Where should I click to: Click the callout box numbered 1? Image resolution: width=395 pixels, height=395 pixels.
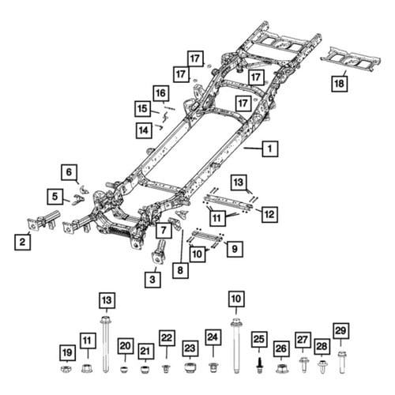click(270, 149)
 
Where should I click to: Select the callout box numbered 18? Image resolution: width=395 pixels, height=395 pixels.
click(339, 84)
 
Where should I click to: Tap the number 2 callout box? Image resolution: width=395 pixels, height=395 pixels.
click(22, 242)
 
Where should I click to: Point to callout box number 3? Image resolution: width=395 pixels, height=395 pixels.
click(152, 280)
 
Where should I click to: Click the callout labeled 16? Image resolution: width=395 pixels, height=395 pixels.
click(161, 93)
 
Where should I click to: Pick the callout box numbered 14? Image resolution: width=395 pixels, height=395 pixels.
click(144, 130)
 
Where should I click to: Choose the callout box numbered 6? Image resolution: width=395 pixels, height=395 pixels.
click(69, 172)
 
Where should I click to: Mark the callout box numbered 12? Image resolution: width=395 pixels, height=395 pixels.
click(269, 214)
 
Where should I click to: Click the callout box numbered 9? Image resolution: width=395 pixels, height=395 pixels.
click(235, 249)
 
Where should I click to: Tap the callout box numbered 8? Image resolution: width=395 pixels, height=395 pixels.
click(180, 270)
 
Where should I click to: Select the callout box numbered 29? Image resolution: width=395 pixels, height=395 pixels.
click(341, 331)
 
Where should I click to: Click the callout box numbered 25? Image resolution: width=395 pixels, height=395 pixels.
click(258, 340)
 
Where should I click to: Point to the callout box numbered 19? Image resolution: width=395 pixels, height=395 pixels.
click(67, 352)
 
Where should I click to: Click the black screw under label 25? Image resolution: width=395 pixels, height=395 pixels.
click(259, 365)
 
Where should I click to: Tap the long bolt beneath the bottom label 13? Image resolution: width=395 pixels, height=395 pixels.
click(106, 344)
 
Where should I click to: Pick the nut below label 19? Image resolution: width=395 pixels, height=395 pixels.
click(66, 369)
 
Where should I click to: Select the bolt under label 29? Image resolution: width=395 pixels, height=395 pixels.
click(341, 362)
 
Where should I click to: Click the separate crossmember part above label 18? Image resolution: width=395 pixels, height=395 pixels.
click(351, 59)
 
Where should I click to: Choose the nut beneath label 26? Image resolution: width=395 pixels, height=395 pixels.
click(282, 368)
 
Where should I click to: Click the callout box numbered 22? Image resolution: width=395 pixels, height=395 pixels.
click(167, 338)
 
